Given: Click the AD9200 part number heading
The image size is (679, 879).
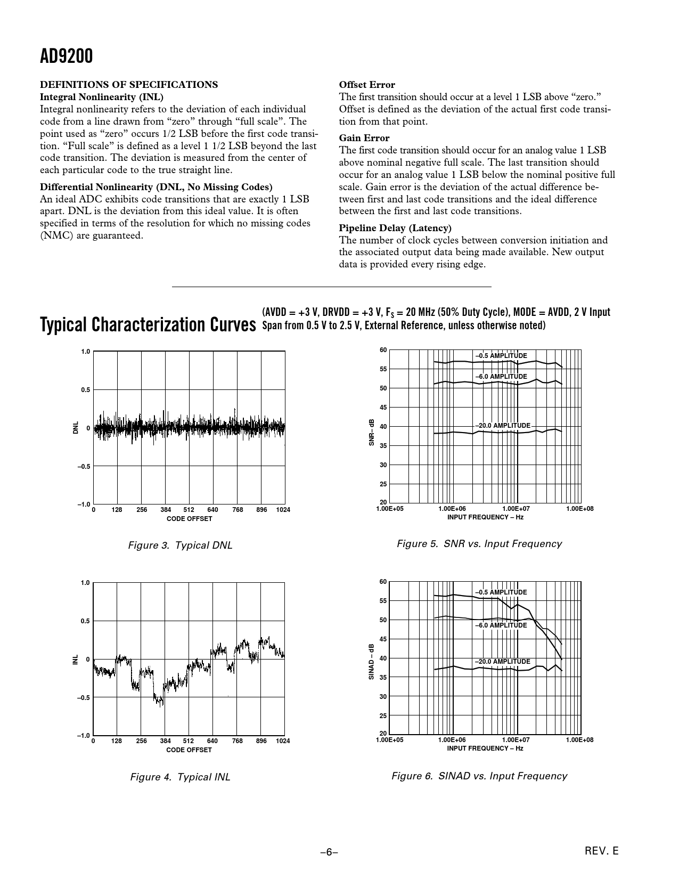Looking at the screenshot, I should tap(67, 56).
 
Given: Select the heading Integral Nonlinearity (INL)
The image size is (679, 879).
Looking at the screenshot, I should tap(102, 97).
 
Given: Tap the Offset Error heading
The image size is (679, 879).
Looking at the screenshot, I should tap(367, 85).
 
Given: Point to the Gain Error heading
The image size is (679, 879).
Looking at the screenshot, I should tap(364, 138).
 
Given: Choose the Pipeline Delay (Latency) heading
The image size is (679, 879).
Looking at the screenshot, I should tap(395, 228).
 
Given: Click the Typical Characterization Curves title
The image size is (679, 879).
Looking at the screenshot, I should tap(148, 324).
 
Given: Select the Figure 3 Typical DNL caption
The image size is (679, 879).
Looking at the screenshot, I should tap(180, 546).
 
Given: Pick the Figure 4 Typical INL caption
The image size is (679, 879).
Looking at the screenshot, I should tap(180, 777).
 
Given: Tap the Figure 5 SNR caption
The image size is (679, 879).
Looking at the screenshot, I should tap(479, 544).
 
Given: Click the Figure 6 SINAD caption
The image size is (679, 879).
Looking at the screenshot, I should tap(479, 776).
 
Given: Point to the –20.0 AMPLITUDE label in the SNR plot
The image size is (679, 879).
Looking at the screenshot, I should tap(503, 426).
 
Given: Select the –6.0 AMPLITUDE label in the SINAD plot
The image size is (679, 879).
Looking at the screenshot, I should tap(501, 625).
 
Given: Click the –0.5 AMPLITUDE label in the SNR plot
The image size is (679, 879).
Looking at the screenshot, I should tap(501, 356).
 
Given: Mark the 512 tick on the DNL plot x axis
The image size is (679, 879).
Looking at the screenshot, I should tap(189, 510).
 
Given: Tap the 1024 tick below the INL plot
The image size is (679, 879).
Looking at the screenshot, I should tap(283, 741).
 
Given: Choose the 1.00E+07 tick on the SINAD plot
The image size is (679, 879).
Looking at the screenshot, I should tap(516, 740).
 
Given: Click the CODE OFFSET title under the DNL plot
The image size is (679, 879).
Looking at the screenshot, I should tap(189, 519).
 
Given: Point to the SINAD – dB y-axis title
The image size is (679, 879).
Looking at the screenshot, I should tap(372, 662).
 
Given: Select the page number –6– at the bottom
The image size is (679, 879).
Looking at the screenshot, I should tap(329, 852).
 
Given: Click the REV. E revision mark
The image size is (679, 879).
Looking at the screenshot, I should tap(602, 851).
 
